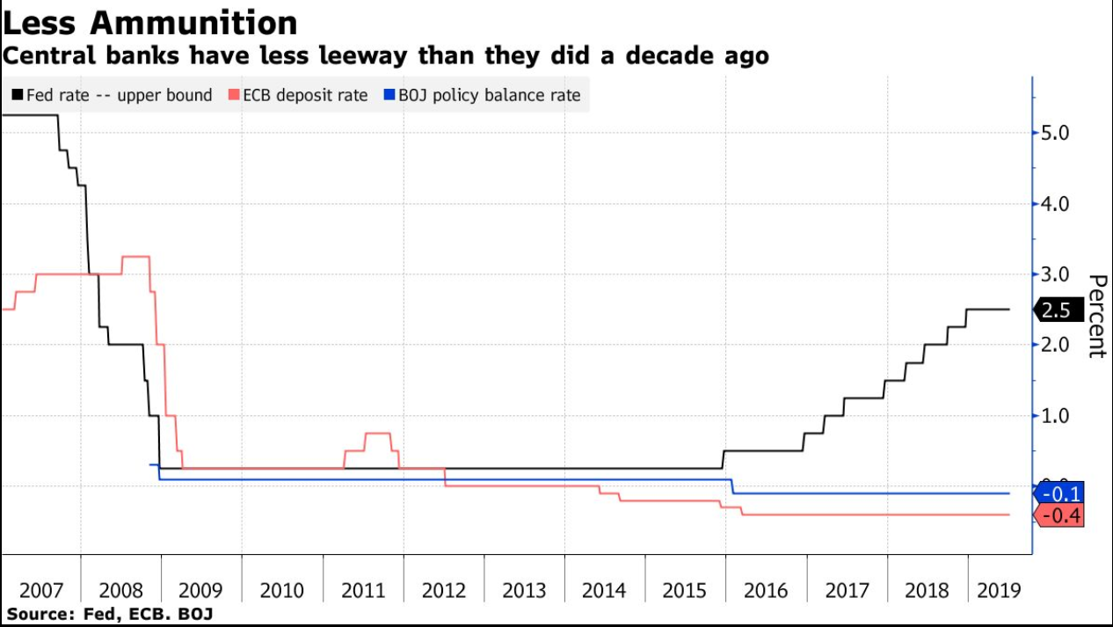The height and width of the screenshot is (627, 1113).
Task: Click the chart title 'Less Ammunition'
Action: [150, 22]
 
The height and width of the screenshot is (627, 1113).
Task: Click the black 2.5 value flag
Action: [1058, 310]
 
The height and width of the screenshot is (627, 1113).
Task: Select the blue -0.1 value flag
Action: [1060, 492]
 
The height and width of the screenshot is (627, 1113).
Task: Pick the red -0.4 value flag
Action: [1060, 515]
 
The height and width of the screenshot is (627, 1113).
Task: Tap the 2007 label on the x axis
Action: [40, 589]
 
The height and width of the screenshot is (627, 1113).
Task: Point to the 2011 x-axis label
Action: [363, 589]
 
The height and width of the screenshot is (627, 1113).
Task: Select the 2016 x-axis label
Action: [766, 589]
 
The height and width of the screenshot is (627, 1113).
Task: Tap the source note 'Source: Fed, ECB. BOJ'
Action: [110, 613]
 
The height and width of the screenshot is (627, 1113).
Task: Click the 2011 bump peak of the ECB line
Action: [377, 433]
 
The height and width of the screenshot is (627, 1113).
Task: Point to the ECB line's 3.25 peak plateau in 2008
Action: [135, 256]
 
